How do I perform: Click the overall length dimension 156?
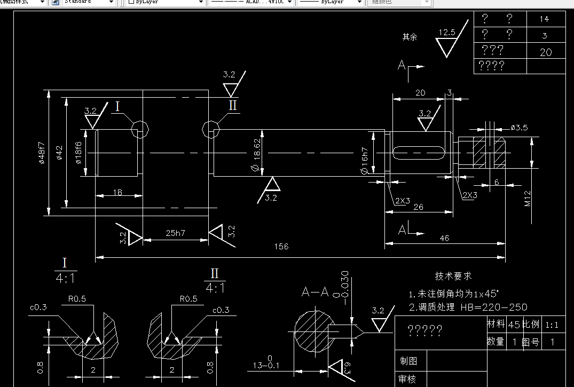point(281,247)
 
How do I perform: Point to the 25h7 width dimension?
point(175,233)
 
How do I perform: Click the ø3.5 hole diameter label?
point(519,128)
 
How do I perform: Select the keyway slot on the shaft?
point(419,152)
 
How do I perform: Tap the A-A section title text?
point(315,292)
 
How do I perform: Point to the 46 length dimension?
point(444,238)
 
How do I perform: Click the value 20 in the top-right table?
point(545,52)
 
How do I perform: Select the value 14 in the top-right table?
point(544,19)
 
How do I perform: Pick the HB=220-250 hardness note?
point(493,307)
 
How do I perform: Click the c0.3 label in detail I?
point(38,307)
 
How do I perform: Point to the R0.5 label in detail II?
point(188,298)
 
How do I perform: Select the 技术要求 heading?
point(453,276)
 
